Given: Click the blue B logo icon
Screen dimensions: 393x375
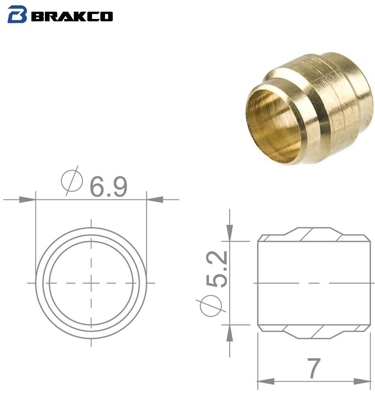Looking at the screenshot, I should (x=17, y=14).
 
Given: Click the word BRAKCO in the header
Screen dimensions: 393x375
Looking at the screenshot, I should (x=72, y=16).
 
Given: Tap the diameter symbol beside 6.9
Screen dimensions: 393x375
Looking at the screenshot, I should (x=72, y=180).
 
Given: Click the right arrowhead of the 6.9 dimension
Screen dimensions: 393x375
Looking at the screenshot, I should (x=155, y=200).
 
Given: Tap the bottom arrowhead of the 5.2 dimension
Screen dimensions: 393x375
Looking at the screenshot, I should (x=230, y=334).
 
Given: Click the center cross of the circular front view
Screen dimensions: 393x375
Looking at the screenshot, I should (x=91, y=283).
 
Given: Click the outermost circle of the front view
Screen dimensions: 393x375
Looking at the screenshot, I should (x=91, y=228).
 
